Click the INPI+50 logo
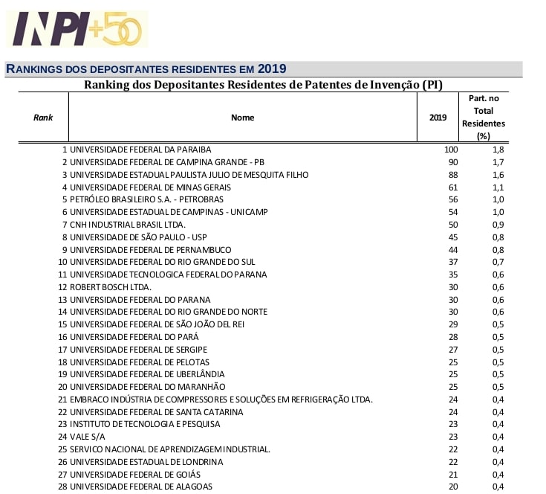tap(77, 29)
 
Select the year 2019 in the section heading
tap(272, 69)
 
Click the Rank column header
tap(43, 118)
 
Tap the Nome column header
tap(242, 118)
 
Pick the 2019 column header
tap(438, 118)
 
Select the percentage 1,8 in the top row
tap(498, 150)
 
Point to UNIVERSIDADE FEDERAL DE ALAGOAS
tap(140, 487)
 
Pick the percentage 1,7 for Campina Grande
tap(498, 162)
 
